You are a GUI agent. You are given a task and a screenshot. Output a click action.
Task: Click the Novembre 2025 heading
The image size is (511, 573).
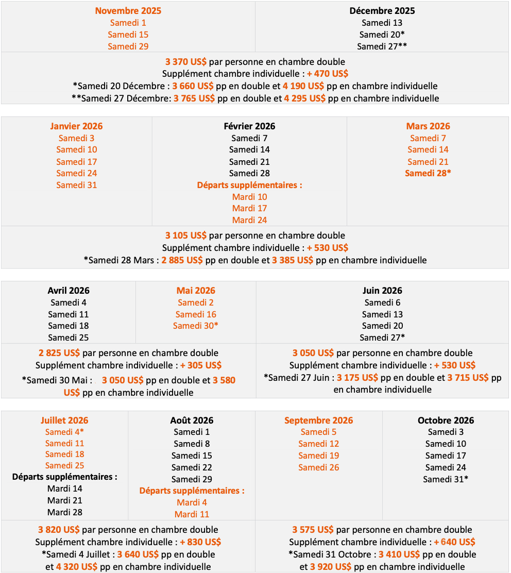point(128,11)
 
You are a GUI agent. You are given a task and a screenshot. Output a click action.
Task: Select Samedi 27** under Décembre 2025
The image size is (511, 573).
point(382,46)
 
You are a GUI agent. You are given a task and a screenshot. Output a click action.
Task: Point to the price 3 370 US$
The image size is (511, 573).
point(186,62)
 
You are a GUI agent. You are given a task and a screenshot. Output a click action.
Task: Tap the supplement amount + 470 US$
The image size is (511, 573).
point(328,74)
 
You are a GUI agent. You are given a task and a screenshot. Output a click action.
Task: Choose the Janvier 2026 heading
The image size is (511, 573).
point(76,126)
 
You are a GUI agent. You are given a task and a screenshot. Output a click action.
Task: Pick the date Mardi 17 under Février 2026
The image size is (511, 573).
point(249,208)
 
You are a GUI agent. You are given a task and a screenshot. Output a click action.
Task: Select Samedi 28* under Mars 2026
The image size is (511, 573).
point(428,173)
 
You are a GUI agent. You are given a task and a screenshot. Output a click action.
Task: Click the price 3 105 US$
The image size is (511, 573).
point(186,235)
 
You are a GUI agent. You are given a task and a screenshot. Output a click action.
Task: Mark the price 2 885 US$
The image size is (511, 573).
point(182,260)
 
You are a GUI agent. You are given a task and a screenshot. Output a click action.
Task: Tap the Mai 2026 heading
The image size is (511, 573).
point(196,291)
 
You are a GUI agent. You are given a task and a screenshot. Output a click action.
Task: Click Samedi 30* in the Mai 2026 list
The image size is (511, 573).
point(196,326)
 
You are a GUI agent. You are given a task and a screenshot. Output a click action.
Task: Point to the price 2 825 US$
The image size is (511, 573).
point(59,353)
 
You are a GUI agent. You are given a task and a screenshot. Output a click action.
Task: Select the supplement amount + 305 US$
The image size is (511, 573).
point(201,365)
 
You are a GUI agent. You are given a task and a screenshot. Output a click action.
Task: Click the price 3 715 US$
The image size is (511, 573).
point(468,378)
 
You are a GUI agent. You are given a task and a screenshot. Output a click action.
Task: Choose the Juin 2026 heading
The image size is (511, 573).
point(382,291)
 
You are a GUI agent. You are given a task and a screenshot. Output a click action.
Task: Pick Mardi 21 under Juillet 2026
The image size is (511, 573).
point(64,500)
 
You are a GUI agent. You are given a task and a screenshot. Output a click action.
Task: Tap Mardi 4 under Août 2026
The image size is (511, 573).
point(192,502)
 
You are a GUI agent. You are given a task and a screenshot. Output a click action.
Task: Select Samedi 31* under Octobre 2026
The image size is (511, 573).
point(446,479)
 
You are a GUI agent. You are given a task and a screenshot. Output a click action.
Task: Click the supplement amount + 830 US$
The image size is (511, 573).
point(200,542)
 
